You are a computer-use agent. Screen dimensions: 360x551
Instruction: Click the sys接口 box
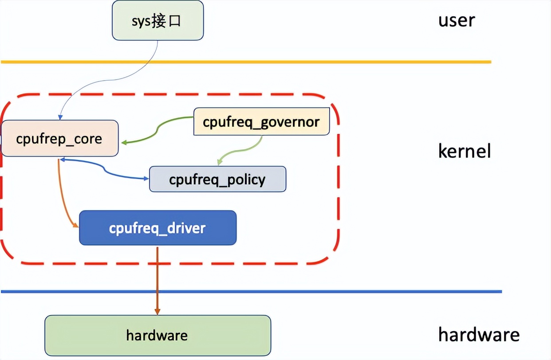pyautogui.click(x=157, y=20)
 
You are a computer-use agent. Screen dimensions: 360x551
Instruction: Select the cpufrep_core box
pyautogui.click(x=59, y=138)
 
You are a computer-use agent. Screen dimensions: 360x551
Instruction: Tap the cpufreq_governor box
pyautogui.click(x=261, y=121)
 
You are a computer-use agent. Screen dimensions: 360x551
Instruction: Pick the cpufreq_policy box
pyautogui.click(x=217, y=179)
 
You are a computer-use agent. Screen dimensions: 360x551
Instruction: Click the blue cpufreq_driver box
pyautogui.click(x=157, y=228)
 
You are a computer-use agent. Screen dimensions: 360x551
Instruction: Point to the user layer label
pyautogui.click(x=457, y=20)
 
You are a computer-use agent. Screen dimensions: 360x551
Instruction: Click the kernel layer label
pyautogui.click(x=464, y=151)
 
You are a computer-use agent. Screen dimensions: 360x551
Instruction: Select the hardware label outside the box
pyautogui.click(x=479, y=334)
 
